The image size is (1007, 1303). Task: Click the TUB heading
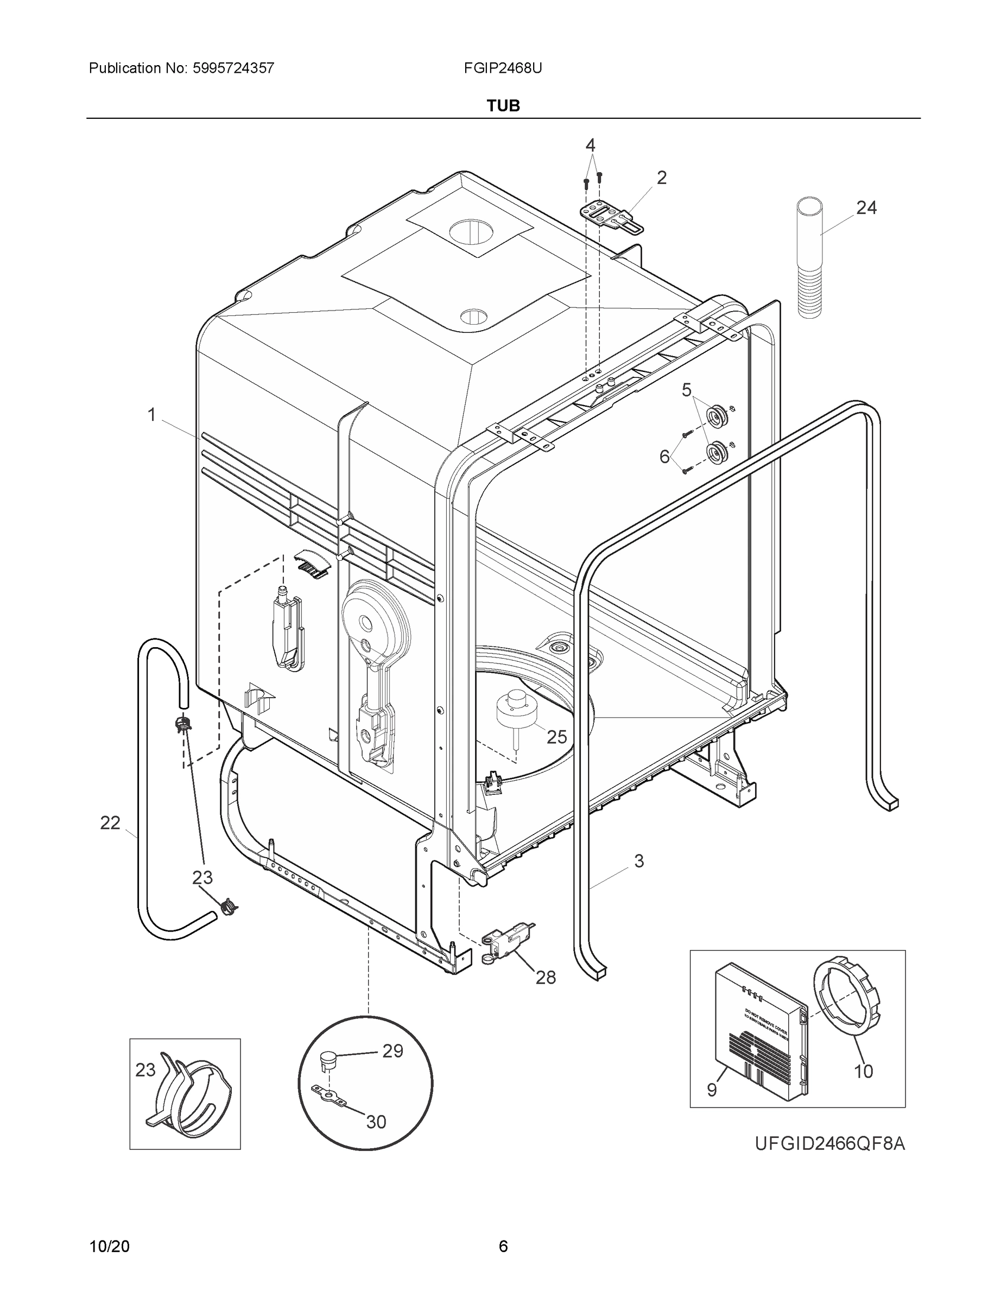(x=503, y=106)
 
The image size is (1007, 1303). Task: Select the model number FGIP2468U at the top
(x=503, y=68)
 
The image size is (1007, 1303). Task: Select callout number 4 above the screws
(x=590, y=145)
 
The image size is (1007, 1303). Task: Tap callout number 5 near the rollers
(x=687, y=390)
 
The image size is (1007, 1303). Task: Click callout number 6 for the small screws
(x=664, y=457)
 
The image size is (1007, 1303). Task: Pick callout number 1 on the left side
(x=152, y=415)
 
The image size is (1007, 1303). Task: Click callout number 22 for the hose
(x=110, y=823)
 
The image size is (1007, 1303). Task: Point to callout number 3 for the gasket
(x=639, y=861)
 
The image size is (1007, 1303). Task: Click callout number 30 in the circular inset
(x=376, y=1122)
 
